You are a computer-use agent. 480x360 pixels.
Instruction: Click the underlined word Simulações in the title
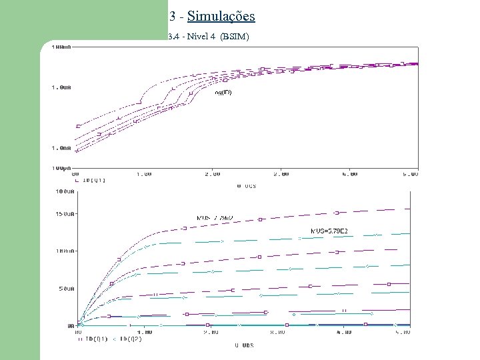(x=221, y=15)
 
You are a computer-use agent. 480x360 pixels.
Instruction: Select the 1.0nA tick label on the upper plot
(x=61, y=148)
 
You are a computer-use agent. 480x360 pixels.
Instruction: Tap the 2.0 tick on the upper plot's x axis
(x=212, y=174)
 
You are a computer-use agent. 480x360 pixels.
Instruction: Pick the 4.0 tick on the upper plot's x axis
(x=349, y=174)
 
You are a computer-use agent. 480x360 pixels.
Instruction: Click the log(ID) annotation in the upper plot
(x=223, y=93)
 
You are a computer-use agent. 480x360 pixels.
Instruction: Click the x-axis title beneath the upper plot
(x=247, y=186)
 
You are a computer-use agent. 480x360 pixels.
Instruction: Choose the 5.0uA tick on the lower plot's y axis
(x=65, y=289)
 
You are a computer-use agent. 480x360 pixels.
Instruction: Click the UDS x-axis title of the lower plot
(x=245, y=345)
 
